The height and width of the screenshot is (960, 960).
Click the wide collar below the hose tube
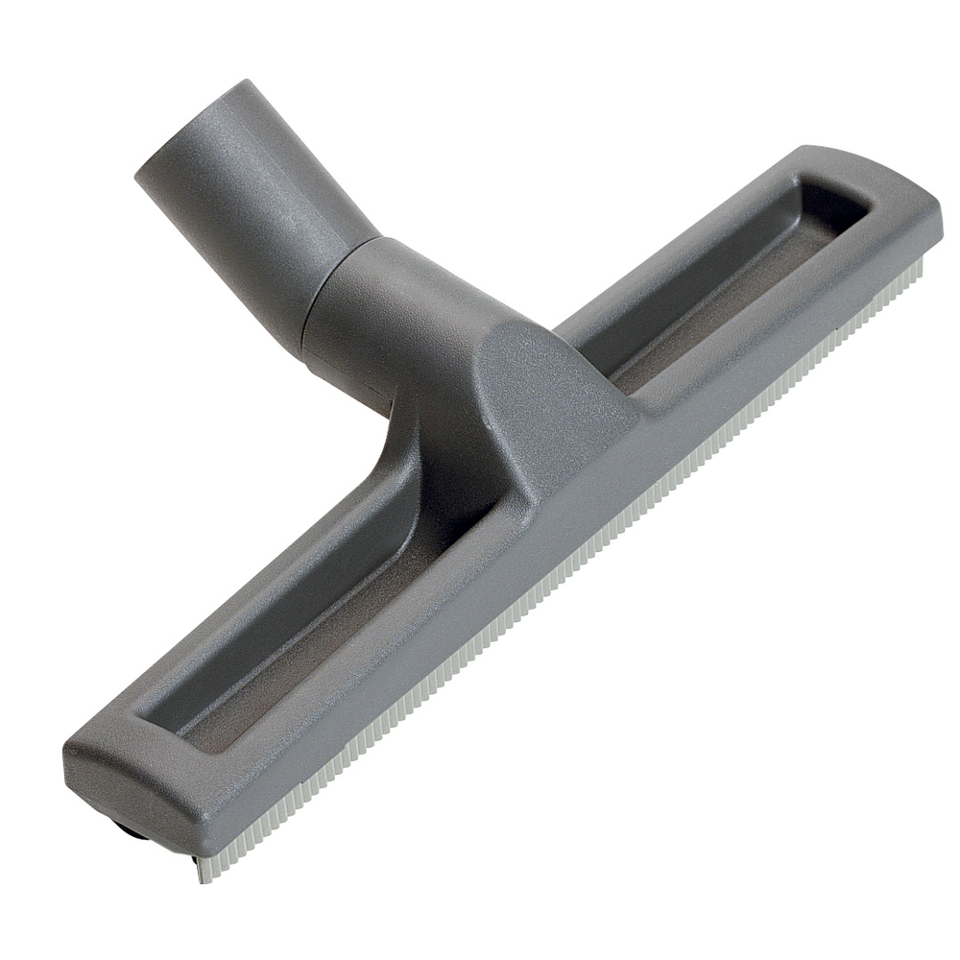pyautogui.click(x=384, y=307)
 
